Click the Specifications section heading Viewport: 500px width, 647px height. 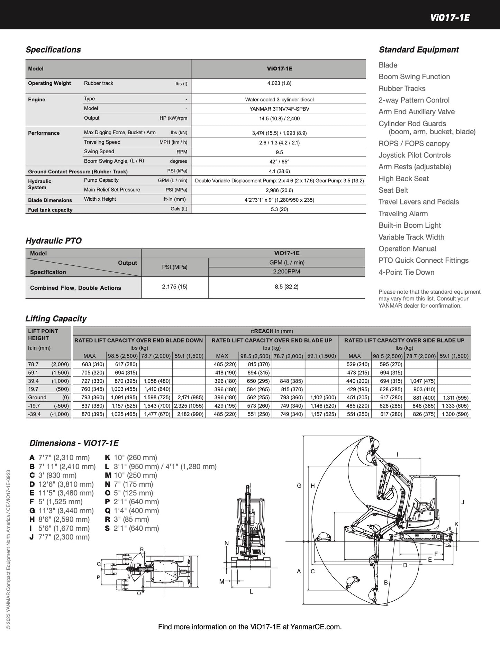coord(53,49)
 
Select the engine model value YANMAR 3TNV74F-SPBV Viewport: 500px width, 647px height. coord(279,109)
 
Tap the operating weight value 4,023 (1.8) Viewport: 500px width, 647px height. coord(279,83)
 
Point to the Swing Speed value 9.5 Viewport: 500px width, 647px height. coord(279,152)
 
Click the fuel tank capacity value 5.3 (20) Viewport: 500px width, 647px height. coord(279,209)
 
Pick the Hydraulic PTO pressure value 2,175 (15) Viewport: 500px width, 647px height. coord(174,286)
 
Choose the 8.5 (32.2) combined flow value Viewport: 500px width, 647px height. coord(287,286)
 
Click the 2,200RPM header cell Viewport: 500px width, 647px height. coord(287,272)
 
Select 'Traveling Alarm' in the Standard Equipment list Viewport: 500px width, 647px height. coord(403,213)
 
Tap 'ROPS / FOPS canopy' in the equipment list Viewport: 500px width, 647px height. coord(414,144)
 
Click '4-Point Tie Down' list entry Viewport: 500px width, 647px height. coord(406,272)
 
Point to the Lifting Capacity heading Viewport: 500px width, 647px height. coord(56,319)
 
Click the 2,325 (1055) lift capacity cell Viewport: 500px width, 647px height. coord(189,406)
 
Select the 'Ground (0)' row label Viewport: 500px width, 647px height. coord(48,398)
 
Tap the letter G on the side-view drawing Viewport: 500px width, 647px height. coord(299,486)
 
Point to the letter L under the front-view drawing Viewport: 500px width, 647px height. coord(251,592)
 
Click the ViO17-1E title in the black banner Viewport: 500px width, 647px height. coord(450,18)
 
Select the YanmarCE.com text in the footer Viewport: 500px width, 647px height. coord(316,627)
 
